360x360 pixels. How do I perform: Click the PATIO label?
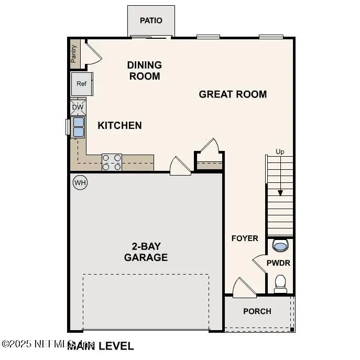[x=151, y=20]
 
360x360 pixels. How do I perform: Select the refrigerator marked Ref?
[x=81, y=84]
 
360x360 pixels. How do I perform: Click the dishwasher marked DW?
[x=78, y=107]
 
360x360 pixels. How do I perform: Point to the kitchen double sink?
[x=78, y=127]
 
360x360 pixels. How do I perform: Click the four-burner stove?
[x=111, y=162]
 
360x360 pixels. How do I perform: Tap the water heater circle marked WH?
[x=80, y=182]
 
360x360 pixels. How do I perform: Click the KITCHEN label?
[x=119, y=126]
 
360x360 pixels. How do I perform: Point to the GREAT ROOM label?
[x=233, y=94]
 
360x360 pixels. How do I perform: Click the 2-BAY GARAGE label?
[x=146, y=252]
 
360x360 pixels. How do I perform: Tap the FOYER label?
[x=245, y=238]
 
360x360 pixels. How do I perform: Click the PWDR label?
[x=278, y=263]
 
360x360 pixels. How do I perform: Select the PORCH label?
[x=257, y=311]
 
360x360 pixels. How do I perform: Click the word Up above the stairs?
[x=280, y=152]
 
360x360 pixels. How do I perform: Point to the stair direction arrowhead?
[x=280, y=193]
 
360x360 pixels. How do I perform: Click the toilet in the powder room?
[x=280, y=283]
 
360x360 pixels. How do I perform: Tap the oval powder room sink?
[x=280, y=245]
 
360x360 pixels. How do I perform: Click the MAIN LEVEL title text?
[x=101, y=346]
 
